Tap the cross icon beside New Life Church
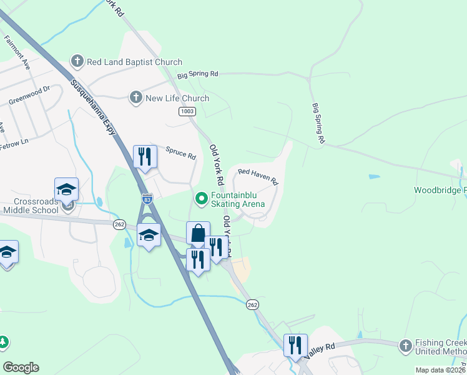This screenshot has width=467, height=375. pos(135,97)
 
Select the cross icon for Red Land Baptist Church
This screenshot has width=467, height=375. pos(77,61)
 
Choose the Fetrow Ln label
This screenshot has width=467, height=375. pos(14,142)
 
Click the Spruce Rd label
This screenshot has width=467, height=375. pos(181,152)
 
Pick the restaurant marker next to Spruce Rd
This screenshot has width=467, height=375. pos(145,156)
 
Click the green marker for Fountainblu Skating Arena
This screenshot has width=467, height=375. pos(202,199)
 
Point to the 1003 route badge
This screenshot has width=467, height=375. pos(187,111)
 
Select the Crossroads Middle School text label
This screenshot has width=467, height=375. pos(38,207)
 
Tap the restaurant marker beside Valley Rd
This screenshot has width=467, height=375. pos(295,345)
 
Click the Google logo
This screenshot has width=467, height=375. pos(21,367)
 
